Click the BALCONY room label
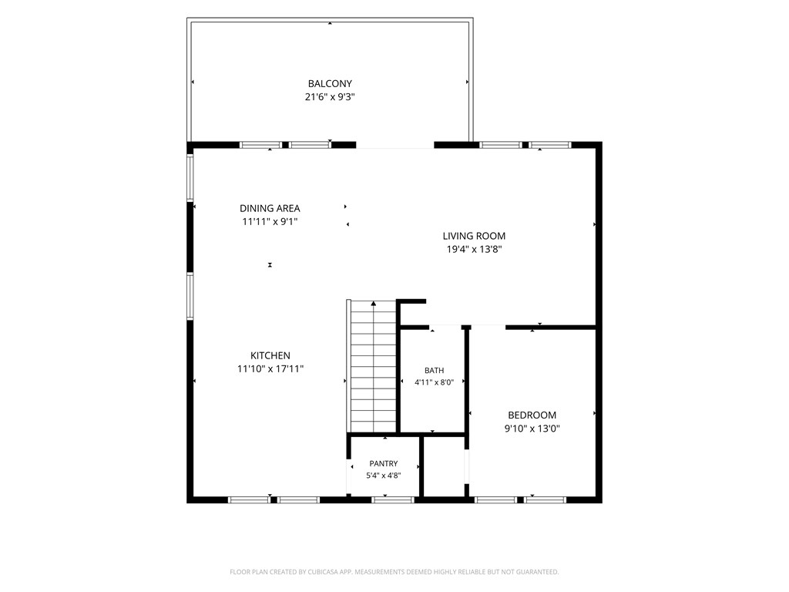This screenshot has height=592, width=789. tap(330, 83)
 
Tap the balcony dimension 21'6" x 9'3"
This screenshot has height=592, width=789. tap(330, 96)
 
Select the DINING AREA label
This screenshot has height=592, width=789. tap(270, 208)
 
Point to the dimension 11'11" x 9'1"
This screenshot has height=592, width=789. tap(270, 221)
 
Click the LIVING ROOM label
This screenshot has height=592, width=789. tap(474, 236)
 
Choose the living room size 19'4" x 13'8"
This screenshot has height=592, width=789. tap(474, 249)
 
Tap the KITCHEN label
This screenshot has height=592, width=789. tap(270, 355)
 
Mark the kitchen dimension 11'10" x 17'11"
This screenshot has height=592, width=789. tap(270, 369)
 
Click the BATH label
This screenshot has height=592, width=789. tap(435, 371)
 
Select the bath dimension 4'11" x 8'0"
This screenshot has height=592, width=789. tap(435, 382)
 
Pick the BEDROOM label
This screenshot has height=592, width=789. tap(532, 415)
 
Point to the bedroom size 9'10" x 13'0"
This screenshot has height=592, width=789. tap(532, 429)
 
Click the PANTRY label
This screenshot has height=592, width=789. tap(384, 463)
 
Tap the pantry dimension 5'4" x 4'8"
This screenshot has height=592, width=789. tap(384, 475)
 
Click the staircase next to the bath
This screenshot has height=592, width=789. tap(372, 366)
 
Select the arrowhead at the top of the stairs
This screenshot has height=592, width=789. tap(374, 304)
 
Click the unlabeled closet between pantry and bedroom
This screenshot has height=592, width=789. tap(445, 466)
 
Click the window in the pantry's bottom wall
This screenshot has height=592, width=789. tap(392, 499)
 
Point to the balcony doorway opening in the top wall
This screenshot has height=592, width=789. tap(395, 146)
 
